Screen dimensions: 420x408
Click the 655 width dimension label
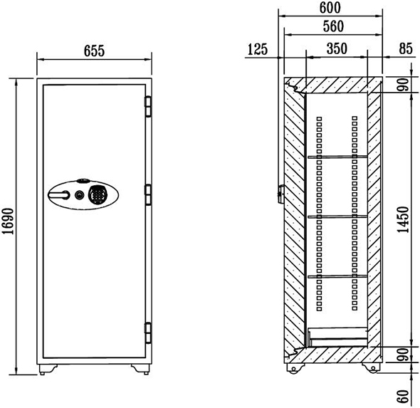click(94, 51)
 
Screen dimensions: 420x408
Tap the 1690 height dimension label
click(8, 221)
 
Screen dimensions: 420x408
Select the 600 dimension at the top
click(330, 8)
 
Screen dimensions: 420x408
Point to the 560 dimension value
click(333, 26)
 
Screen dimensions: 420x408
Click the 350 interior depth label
click(337, 48)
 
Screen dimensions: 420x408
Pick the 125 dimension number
click(258, 49)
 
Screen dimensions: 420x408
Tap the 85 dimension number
click(406, 48)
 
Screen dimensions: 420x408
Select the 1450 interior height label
click(404, 220)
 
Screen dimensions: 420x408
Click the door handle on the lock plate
click(59, 195)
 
